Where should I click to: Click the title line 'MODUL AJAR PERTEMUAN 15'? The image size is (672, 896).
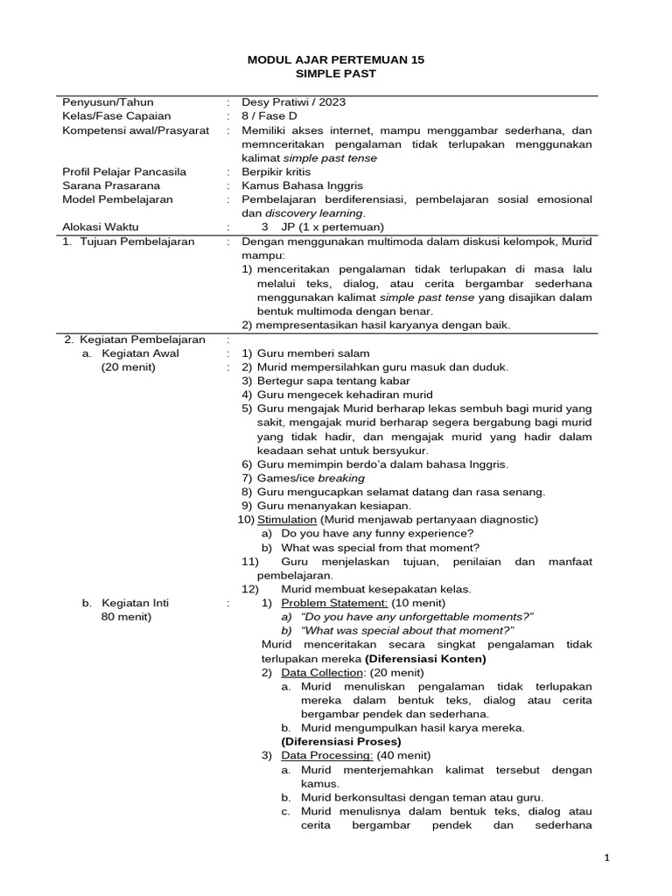(x=336, y=59)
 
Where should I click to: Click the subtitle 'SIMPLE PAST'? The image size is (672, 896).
(x=336, y=74)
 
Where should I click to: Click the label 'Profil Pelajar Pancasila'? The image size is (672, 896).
(x=123, y=171)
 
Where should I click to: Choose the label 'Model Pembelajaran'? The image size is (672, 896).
(x=117, y=199)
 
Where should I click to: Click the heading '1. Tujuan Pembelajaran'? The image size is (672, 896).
(x=128, y=241)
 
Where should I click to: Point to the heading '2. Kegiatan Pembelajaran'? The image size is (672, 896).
(x=134, y=339)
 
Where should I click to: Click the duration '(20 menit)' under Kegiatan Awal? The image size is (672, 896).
(x=129, y=367)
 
